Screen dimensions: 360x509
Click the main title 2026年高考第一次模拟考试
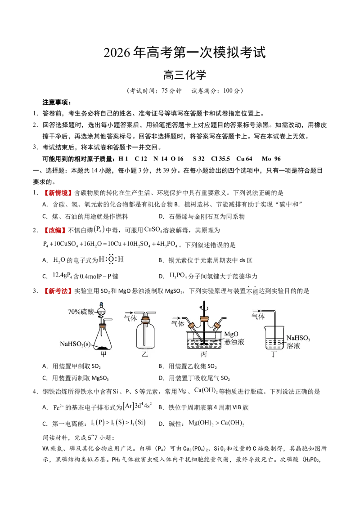click(184, 53)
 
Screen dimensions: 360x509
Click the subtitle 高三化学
click(184, 75)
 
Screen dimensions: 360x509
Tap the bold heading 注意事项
click(57, 103)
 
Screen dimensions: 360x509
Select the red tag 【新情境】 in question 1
click(56, 193)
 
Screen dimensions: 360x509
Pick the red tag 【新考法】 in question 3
click(56, 291)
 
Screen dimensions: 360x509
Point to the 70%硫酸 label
click(81, 312)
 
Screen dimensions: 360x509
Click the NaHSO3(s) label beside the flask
click(76, 344)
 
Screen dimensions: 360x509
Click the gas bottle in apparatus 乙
click(145, 335)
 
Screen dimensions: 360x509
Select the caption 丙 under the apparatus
click(204, 354)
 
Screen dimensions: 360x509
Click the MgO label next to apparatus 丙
click(231, 334)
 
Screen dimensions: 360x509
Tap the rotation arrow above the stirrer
click(204, 305)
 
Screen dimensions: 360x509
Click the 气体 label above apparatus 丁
click(258, 317)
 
